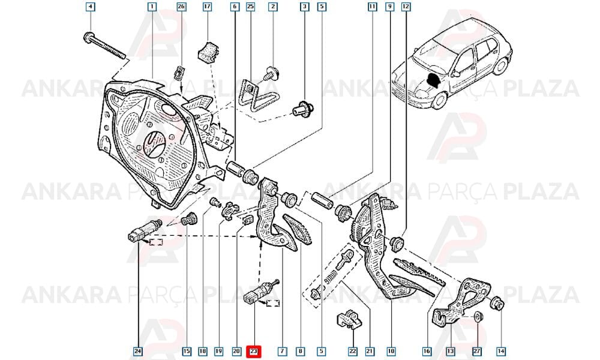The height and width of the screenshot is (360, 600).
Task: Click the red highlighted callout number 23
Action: click(x=254, y=351)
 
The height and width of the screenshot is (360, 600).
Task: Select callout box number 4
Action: click(x=91, y=7)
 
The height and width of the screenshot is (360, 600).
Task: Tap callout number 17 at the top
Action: click(x=207, y=7)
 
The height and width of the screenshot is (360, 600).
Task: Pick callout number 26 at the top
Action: click(x=181, y=7)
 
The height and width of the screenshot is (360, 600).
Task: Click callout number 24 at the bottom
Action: click(x=138, y=351)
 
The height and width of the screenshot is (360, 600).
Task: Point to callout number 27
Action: click(x=477, y=351)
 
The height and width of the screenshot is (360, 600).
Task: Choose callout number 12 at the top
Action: click(x=406, y=7)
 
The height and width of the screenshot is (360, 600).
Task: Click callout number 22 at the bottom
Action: click(x=353, y=351)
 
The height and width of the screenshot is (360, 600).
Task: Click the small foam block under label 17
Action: click(x=208, y=52)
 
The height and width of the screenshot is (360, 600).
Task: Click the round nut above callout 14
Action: click(x=497, y=304)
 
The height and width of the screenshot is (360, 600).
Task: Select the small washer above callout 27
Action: click(x=478, y=317)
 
